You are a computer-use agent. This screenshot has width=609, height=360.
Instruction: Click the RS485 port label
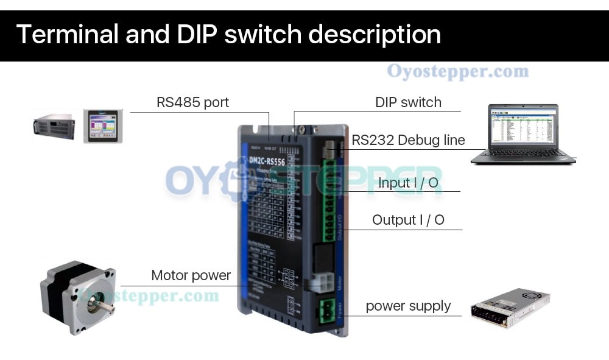[x=192, y=102]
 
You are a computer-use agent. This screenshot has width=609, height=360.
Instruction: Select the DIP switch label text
[x=408, y=102]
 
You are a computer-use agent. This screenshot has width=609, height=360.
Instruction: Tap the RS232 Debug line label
[x=408, y=140]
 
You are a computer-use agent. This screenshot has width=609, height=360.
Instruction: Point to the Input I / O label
[x=408, y=182]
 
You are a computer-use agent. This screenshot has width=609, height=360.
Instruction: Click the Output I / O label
[x=408, y=220]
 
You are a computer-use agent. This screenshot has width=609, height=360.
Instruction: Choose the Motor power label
[x=191, y=275]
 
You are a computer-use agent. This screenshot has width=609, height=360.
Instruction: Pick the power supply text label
[x=408, y=306]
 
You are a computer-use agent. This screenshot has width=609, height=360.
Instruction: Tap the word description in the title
[x=375, y=34]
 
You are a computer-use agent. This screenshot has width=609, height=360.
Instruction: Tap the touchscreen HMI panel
[x=103, y=126]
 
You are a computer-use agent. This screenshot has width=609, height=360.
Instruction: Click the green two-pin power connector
[x=325, y=311]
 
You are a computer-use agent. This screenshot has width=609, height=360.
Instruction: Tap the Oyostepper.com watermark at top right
[x=457, y=72]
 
